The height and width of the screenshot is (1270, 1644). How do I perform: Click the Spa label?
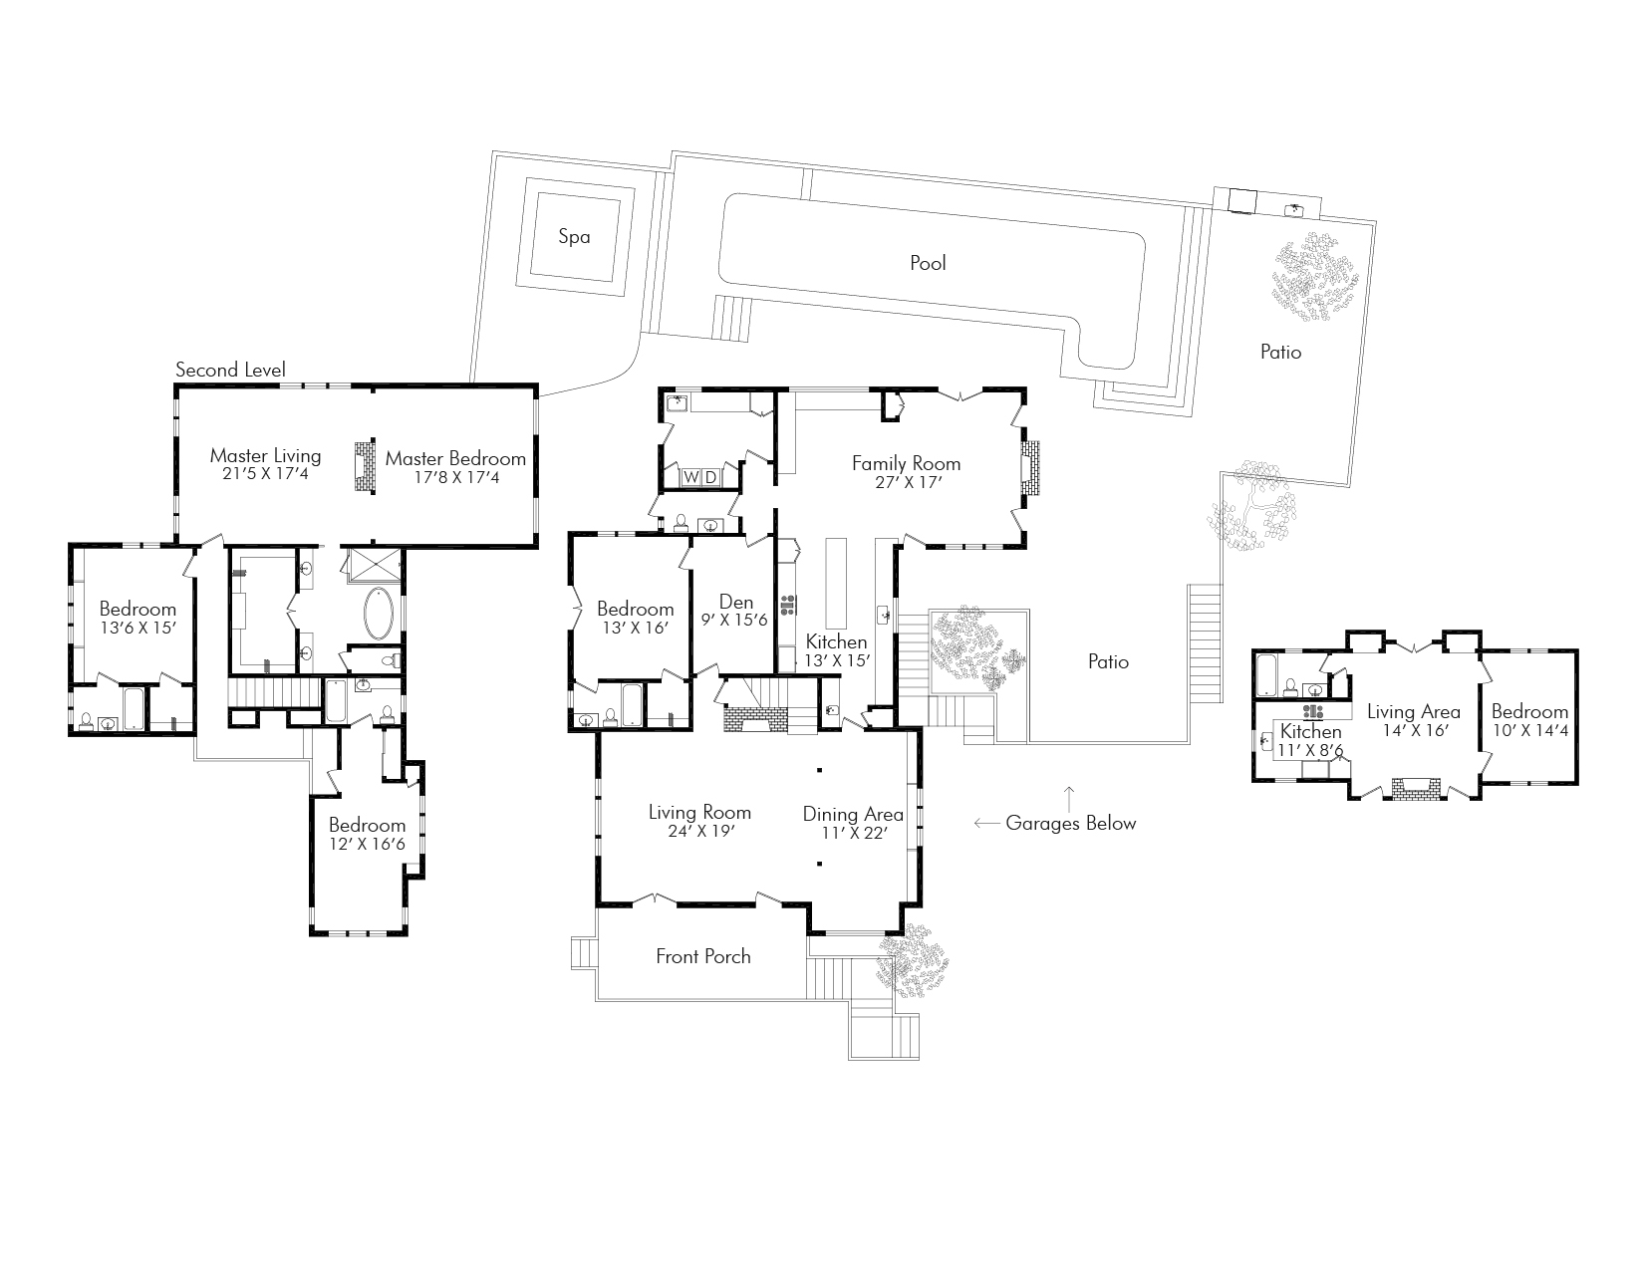click(574, 237)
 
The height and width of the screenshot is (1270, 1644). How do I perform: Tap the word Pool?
click(928, 263)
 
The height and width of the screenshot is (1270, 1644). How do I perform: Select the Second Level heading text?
click(230, 370)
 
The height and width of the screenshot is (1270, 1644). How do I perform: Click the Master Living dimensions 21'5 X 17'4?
click(265, 474)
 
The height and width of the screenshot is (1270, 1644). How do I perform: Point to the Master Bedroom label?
click(455, 458)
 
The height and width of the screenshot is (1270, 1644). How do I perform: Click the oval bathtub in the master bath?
click(380, 614)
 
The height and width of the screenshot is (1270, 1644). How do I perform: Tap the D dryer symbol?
click(710, 478)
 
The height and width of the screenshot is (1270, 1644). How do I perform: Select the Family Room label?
click(906, 462)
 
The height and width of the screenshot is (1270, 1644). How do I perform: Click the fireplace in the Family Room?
click(1029, 468)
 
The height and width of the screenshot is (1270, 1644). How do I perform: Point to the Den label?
click(735, 602)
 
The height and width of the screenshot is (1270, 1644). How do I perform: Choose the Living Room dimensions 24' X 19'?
click(699, 831)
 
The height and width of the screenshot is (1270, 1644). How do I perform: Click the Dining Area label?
click(853, 814)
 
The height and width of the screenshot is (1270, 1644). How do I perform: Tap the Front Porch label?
click(702, 956)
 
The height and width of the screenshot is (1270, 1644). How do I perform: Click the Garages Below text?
click(1070, 823)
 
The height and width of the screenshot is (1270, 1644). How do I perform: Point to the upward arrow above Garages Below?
click(1069, 795)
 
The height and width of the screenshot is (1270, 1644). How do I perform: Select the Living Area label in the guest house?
click(1413, 711)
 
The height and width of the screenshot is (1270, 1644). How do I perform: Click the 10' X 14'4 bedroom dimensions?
click(1529, 730)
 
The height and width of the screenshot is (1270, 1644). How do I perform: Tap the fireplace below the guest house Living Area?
click(1416, 789)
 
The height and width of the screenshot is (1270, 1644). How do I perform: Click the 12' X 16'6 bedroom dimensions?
click(368, 844)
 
